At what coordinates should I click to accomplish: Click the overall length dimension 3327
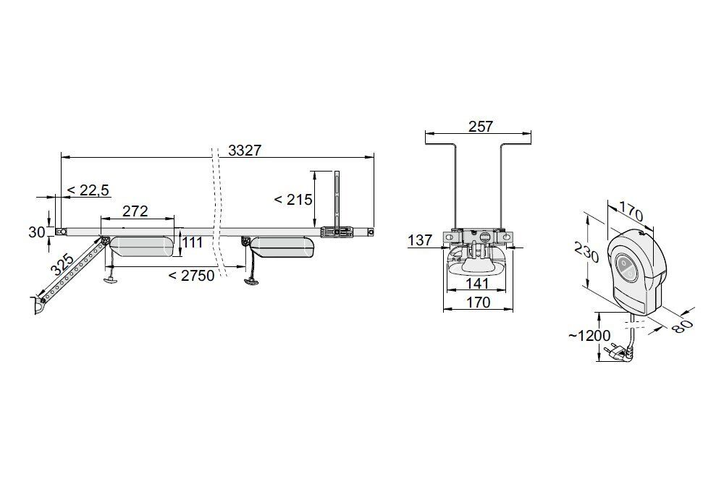pos(245,151)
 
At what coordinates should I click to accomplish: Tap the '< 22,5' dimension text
pos(88,190)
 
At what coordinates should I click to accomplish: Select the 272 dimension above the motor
pos(135,211)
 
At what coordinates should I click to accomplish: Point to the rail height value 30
pos(36,232)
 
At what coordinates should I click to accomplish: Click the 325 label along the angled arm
pos(62,265)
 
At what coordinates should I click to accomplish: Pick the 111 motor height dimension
pos(192,242)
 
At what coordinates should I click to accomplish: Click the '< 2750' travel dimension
pos(191,276)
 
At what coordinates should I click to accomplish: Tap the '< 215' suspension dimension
pos(293,200)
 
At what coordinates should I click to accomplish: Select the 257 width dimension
pos(481,126)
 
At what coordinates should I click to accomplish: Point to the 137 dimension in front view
pos(420,240)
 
